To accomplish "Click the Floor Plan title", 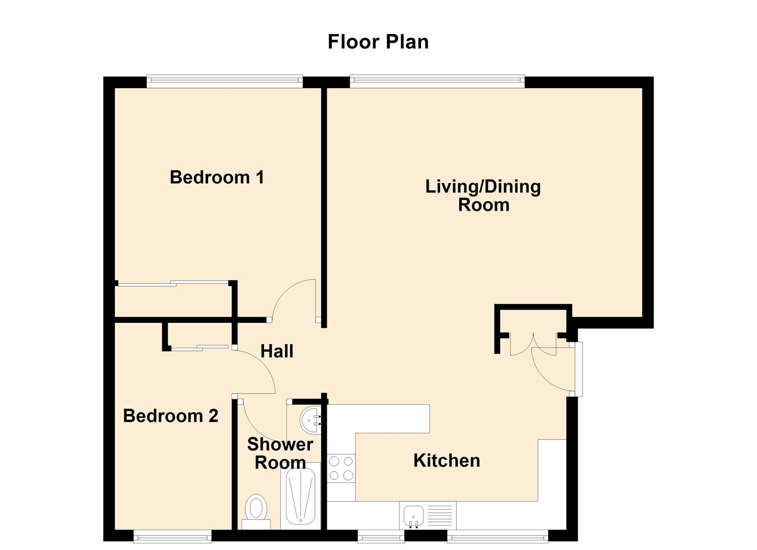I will (x=378, y=42).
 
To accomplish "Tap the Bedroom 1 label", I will (x=217, y=177).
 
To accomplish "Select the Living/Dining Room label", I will (x=483, y=196).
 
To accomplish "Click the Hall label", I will (x=277, y=351).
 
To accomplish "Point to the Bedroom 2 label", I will (x=171, y=416).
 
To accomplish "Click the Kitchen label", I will (x=447, y=460).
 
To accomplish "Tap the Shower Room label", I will (x=280, y=453).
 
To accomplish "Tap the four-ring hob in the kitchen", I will (x=341, y=468).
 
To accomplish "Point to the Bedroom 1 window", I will (x=224, y=81).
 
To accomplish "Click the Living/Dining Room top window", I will (x=437, y=81).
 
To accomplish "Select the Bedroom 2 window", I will (x=172, y=536).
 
